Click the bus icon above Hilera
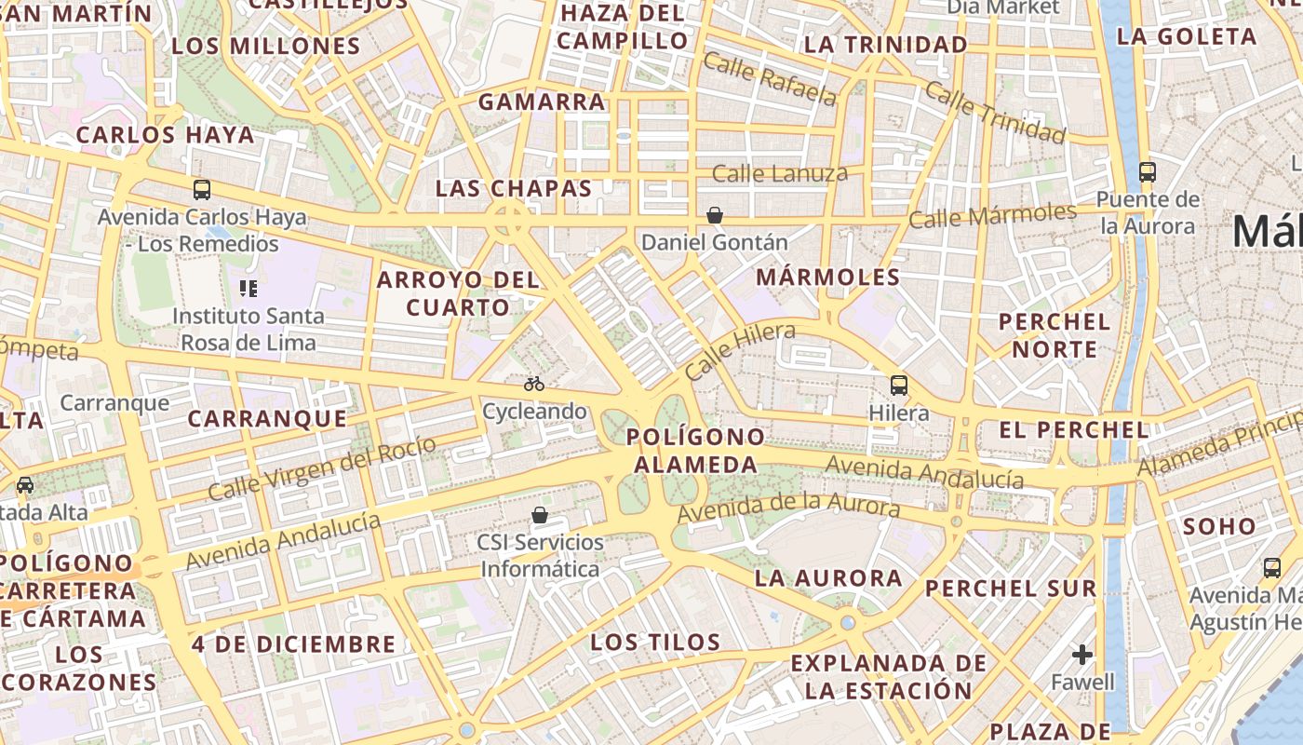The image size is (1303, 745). [x=899, y=385]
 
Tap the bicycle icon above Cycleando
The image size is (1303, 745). [x=534, y=384]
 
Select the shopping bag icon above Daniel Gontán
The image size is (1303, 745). [x=715, y=215]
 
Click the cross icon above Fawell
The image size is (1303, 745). [x=1081, y=655]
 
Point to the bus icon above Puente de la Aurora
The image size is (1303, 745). [x=1148, y=171]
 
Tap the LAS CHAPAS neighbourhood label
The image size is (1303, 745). [x=514, y=188]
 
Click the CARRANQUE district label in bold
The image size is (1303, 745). [x=267, y=419]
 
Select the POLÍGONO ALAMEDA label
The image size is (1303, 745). [x=695, y=451]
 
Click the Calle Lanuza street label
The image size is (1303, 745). [x=780, y=173]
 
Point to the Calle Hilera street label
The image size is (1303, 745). [x=741, y=350]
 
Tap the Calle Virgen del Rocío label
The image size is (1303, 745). [x=322, y=468]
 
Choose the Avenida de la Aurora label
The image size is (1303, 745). [x=788, y=508]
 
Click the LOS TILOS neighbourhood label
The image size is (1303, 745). [x=655, y=642]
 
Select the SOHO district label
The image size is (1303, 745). [x=1219, y=526]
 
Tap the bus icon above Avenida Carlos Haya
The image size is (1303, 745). [x=202, y=190]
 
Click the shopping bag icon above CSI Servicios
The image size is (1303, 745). [x=540, y=515]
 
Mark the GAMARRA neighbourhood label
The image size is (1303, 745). [x=542, y=102]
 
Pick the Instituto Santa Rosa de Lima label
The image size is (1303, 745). [x=249, y=329]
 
